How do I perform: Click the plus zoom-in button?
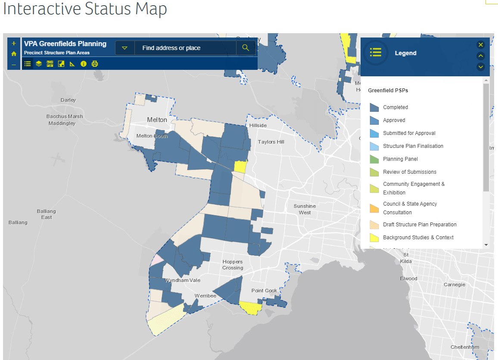tap(14, 44)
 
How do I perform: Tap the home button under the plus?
tap(14, 54)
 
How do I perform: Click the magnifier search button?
tap(246, 48)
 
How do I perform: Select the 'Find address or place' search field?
tap(185, 48)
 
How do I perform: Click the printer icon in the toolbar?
tap(95, 64)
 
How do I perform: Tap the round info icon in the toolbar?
tap(84, 64)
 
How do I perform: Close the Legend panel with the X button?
tap(481, 45)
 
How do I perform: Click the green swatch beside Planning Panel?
tap(374, 159)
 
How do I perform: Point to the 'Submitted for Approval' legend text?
tap(409, 133)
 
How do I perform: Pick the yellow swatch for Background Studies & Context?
tap(374, 238)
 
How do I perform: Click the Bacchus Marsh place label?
tap(65, 117)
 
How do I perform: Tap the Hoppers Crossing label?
tap(233, 265)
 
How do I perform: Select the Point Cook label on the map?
tap(264, 291)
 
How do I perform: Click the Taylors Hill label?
tap(271, 142)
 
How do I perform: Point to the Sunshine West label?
tap(305, 209)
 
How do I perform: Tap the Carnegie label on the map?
tap(454, 285)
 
